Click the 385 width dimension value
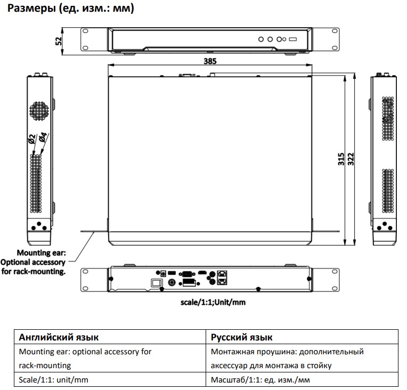210,61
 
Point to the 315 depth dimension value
341,160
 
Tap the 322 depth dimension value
351,160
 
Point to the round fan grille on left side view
39,111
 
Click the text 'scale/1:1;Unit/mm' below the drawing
213,302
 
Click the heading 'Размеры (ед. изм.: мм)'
69,9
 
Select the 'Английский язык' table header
59,337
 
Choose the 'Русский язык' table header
242,337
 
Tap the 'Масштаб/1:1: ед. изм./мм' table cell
260,380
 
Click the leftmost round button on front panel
262,39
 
